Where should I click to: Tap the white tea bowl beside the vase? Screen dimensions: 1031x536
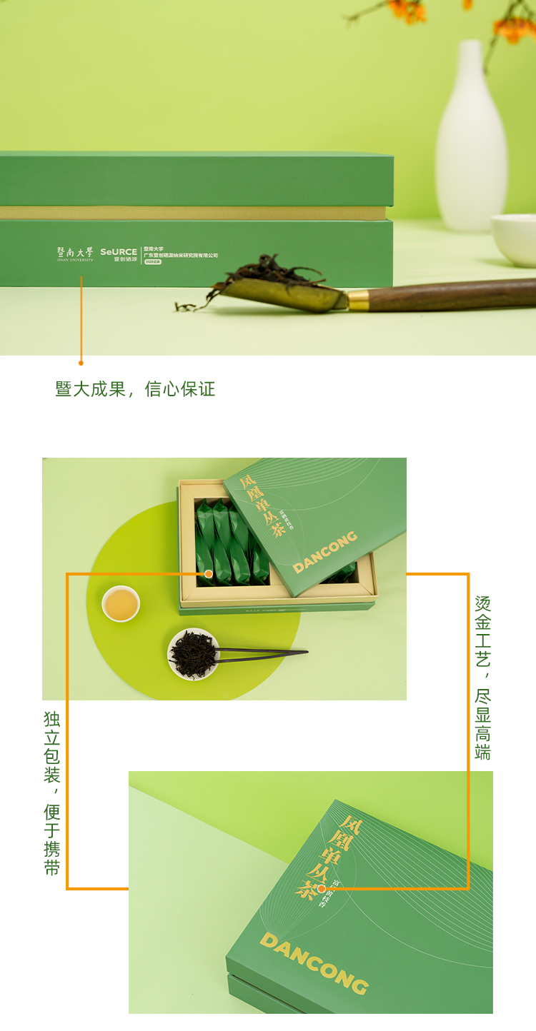click(515, 238)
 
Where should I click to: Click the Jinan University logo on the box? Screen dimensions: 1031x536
click(75, 253)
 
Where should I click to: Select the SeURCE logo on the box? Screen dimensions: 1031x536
click(119, 254)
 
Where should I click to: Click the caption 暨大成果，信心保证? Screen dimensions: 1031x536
click(135, 389)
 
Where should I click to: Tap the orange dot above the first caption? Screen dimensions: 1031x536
click(81, 363)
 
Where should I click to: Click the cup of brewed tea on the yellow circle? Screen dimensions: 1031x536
click(121, 603)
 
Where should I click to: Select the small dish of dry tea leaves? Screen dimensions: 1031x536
click(193, 654)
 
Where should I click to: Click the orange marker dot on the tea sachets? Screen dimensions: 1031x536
click(209, 573)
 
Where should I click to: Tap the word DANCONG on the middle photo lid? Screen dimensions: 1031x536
click(325, 552)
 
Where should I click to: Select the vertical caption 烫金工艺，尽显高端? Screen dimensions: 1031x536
click(483, 677)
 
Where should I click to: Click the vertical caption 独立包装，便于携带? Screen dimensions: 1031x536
click(52, 793)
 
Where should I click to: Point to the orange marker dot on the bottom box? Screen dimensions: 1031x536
click(322, 889)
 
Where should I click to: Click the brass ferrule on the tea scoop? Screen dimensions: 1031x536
click(357, 299)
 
